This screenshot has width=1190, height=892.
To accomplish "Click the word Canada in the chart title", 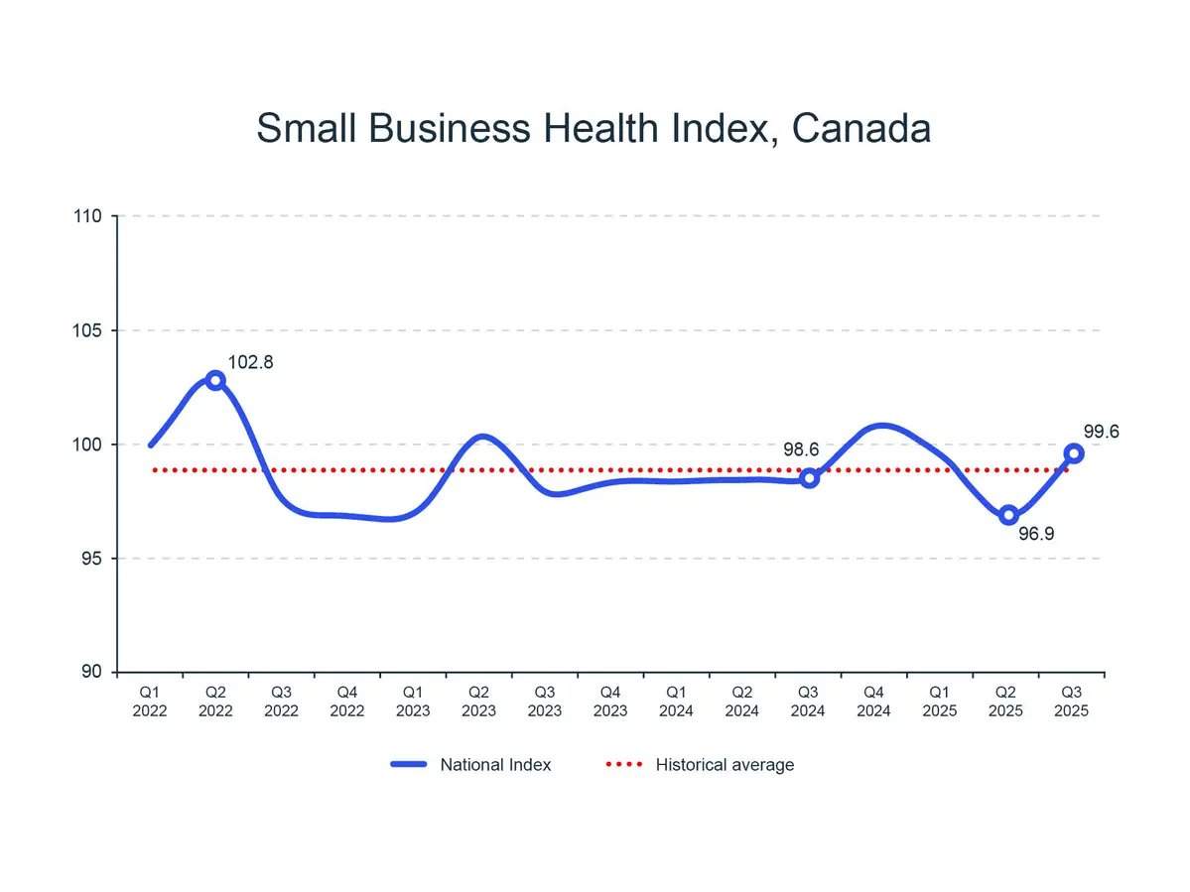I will click(x=862, y=129).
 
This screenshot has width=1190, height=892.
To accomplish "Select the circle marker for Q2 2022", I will click(x=215, y=380).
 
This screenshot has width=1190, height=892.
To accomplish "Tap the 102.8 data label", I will click(x=250, y=363).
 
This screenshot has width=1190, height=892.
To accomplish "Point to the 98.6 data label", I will click(x=801, y=449).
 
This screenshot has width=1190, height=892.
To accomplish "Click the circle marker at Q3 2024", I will click(x=809, y=478).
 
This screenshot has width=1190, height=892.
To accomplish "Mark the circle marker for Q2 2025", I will click(x=1008, y=515).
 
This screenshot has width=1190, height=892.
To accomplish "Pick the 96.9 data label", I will click(x=1036, y=534).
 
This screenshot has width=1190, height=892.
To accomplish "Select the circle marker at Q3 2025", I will click(x=1074, y=453).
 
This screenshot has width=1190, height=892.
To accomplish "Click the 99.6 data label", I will click(x=1101, y=432).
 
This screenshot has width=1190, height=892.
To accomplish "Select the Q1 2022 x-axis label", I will click(x=150, y=701).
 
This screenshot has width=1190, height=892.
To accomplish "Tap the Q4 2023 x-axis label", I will click(x=610, y=701).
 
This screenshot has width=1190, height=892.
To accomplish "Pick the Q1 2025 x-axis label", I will click(x=940, y=701).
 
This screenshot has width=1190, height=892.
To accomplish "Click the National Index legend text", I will click(x=495, y=764).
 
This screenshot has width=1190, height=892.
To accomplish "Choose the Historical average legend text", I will click(x=725, y=764).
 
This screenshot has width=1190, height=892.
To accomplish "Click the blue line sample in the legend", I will click(x=408, y=764).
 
